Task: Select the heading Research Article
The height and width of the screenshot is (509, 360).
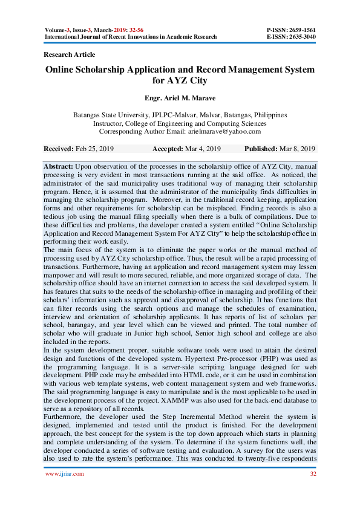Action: pos(70,55)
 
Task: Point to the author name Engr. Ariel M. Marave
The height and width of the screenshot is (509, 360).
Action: pos(180,97)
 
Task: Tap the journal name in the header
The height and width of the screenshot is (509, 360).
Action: pos(131,37)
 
